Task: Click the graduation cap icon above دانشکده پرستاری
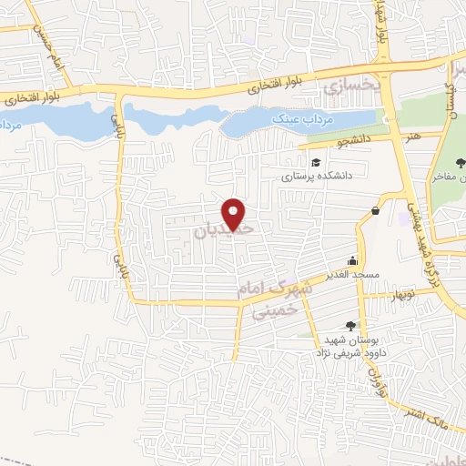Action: (x=317, y=162)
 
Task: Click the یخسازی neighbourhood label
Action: (x=349, y=86)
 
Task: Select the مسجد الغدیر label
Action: (x=352, y=275)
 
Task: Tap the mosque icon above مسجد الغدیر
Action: (x=352, y=260)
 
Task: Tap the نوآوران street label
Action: (x=377, y=372)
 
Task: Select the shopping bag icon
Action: (x=375, y=211)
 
